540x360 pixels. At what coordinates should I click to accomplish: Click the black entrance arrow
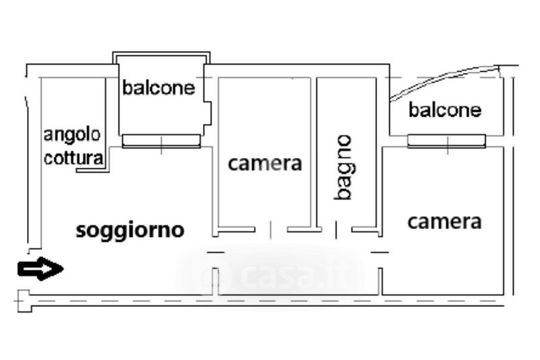[x=40, y=269]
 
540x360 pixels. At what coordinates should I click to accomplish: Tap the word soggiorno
[x=130, y=230]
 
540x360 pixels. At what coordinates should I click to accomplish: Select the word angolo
[x=72, y=134]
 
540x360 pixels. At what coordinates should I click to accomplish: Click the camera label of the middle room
[x=265, y=163]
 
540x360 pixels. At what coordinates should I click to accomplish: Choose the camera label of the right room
[x=445, y=222]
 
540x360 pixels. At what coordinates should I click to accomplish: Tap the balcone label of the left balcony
[x=158, y=88]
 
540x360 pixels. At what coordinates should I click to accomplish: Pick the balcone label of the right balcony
[x=445, y=110]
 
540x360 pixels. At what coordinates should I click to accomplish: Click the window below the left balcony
[x=161, y=140]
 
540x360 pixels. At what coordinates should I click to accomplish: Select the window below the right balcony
[x=447, y=140]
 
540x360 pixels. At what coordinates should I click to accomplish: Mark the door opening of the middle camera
[x=271, y=230]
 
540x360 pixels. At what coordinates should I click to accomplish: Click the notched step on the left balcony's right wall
[x=208, y=112]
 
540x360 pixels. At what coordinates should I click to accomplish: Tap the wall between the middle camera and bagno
[x=314, y=152]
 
